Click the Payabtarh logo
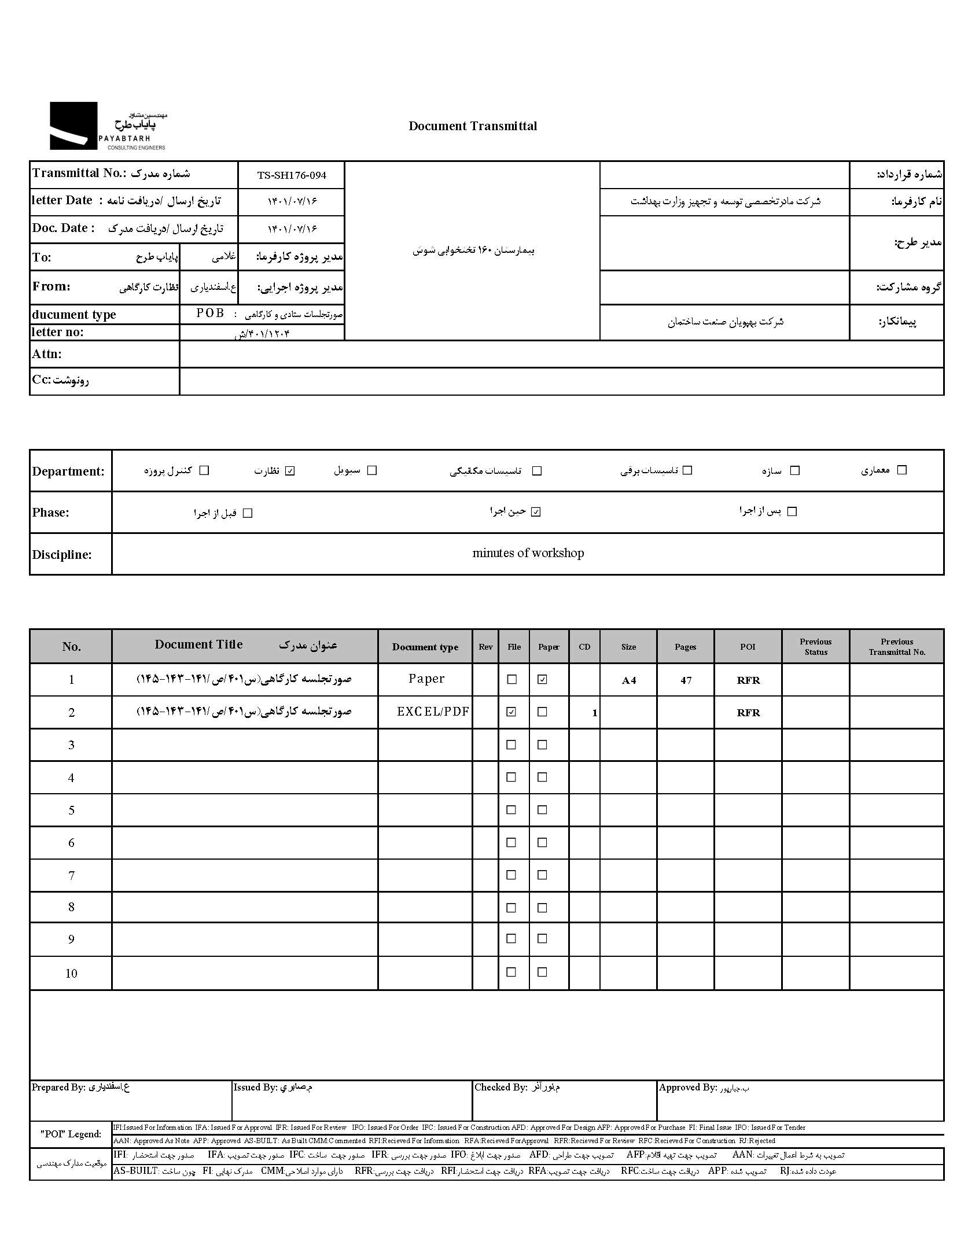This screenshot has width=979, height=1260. point(108,126)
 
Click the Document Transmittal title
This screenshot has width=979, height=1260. point(472,126)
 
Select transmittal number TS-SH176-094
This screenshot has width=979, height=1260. point(292,175)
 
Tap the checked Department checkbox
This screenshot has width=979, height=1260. point(290,471)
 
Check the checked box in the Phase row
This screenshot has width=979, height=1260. point(536,512)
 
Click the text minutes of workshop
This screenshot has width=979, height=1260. point(528,553)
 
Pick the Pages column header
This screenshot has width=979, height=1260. point(685,647)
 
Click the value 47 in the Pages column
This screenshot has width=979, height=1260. point(686,680)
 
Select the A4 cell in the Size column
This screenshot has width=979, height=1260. point(628,680)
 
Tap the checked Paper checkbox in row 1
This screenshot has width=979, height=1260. point(542,680)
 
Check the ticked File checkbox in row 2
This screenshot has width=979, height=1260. point(511,712)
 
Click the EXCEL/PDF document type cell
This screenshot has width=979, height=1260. point(433,712)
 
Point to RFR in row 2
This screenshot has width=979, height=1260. point(748,713)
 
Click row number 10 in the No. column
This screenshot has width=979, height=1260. point(71,973)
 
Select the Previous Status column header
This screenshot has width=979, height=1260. point(815,647)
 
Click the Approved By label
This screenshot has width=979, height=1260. point(687,1088)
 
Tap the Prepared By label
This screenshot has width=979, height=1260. point(58,1088)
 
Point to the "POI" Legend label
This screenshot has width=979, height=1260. point(71,1134)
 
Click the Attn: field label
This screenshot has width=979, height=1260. point(47,354)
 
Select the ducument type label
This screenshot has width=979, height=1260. point(74,315)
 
